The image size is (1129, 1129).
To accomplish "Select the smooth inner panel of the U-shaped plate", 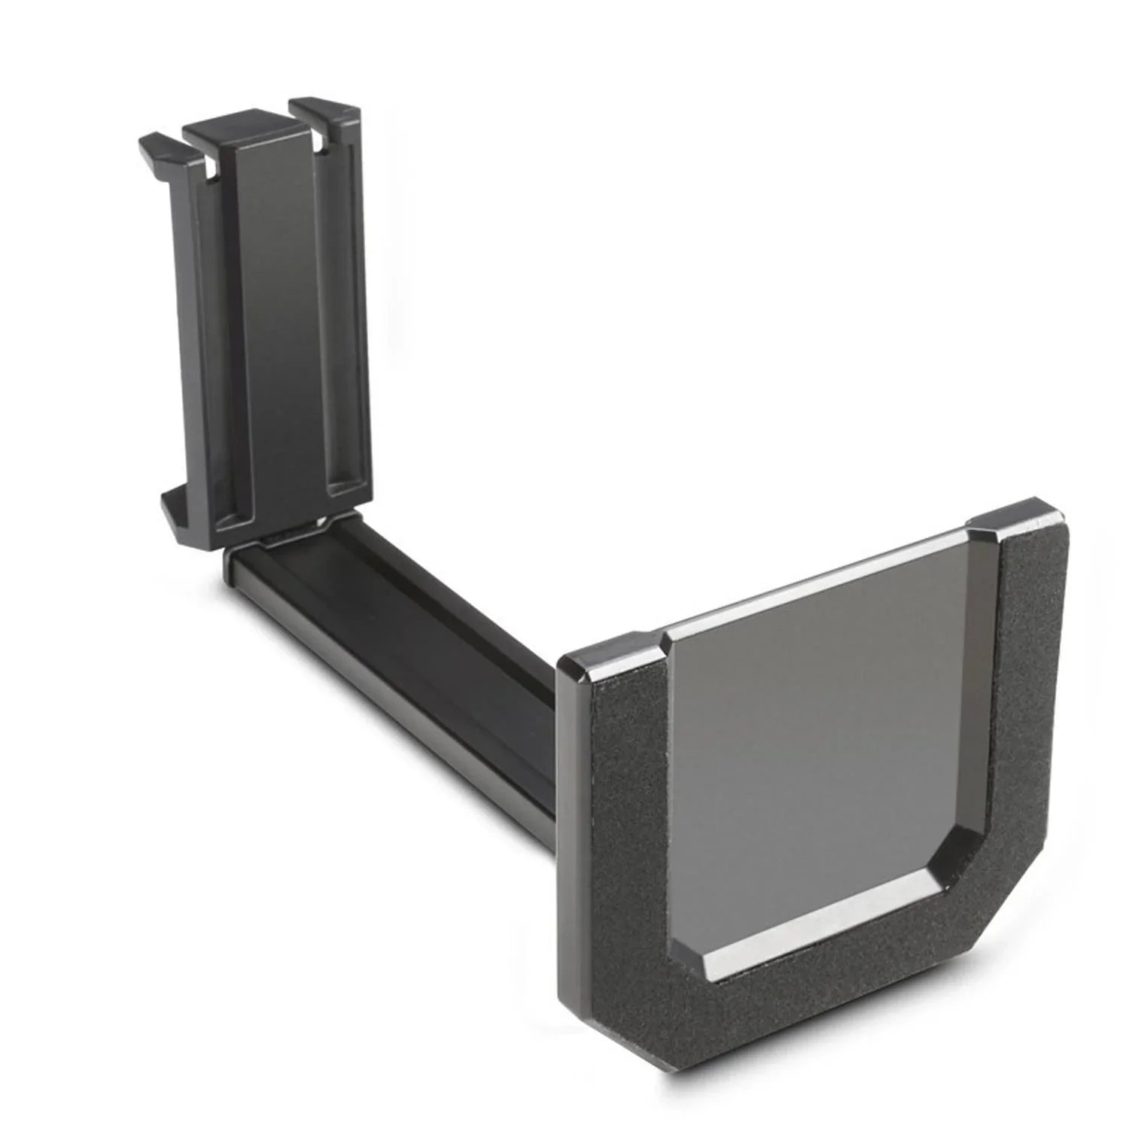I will (813, 723).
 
